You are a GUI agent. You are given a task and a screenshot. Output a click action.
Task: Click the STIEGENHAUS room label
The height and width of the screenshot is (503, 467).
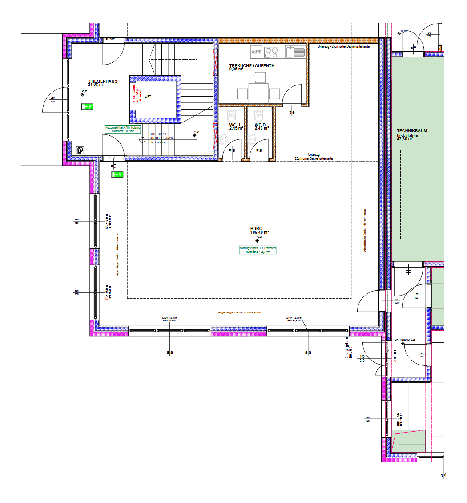[102, 82]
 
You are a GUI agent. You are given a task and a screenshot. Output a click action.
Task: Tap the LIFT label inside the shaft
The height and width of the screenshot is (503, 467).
[148, 97]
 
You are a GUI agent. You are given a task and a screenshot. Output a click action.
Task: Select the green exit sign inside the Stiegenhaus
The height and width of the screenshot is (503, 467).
[88, 106]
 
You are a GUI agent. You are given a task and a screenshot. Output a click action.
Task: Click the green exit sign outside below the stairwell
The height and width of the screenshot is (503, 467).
[117, 175]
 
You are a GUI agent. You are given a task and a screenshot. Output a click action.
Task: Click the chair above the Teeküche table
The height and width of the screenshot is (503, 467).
[258, 78]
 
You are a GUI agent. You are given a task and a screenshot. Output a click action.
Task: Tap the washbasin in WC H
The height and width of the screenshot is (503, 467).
[224, 140]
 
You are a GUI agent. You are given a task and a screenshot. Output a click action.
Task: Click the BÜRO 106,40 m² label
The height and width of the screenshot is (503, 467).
[260, 231]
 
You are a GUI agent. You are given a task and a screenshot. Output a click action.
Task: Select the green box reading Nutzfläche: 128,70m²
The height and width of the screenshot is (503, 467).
[258, 250]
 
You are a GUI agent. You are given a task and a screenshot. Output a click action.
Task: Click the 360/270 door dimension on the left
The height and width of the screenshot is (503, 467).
[52, 100]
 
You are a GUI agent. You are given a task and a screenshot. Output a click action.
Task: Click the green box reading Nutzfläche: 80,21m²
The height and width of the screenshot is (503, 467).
[123, 130]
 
